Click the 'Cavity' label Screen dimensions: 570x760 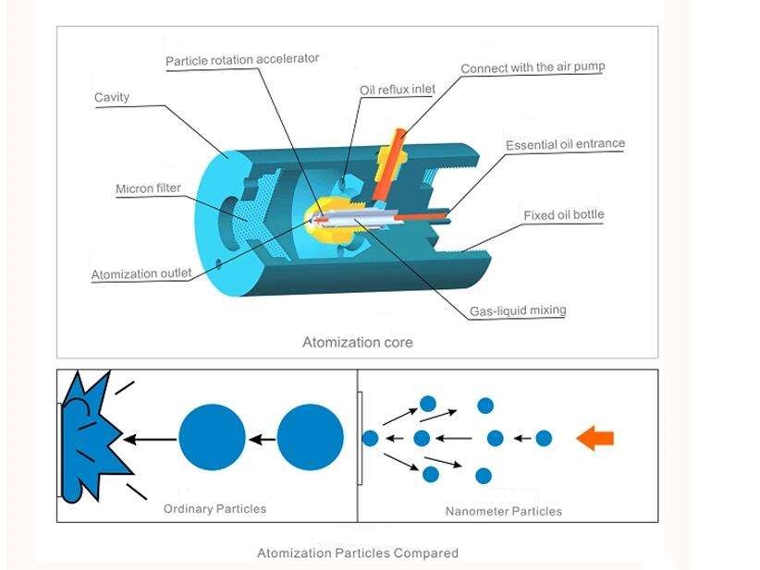tap(112, 97)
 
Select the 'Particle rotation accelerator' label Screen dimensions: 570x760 tap(242, 59)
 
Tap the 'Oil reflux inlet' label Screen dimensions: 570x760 tap(398, 90)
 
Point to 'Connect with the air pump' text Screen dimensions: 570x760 tap(533, 67)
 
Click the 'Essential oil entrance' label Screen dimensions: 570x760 tap(565, 144)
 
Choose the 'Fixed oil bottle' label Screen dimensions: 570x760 tap(564, 215)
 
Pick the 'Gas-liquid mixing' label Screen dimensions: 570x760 tap(517, 310)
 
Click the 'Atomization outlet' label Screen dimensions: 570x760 tap(141, 273)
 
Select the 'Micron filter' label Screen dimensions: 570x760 tap(148, 189)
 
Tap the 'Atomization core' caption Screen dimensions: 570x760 tap(358, 343)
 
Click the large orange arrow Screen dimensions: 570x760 tap(595, 438)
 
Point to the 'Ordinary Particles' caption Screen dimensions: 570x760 tap(215, 509)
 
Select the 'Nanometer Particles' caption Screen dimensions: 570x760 tap(503, 511)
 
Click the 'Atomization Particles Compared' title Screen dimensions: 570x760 tap(357, 553)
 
